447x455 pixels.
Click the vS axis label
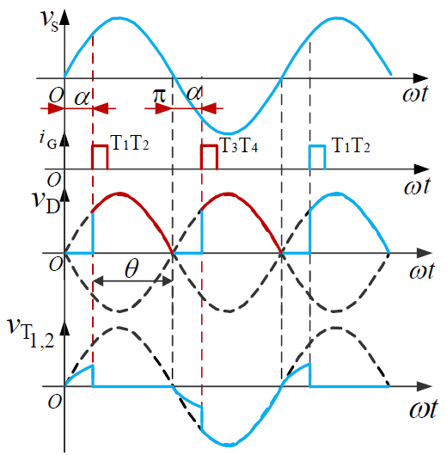[50, 21]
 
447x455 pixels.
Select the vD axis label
[46, 201]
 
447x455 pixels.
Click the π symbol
[159, 95]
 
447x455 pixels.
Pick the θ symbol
[132, 268]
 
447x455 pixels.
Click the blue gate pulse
[317, 157]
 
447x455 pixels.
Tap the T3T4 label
[239, 145]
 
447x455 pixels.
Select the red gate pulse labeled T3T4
[209, 157]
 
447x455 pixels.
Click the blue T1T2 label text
[351, 145]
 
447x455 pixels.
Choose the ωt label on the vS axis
[415, 94]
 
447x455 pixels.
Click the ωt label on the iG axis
[417, 186]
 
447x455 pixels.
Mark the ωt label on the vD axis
[422, 271]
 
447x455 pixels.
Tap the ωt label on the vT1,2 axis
[424, 409]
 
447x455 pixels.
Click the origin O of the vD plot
[56, 264]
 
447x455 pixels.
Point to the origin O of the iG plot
[54, 180]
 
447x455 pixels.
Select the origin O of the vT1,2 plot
[55, 402]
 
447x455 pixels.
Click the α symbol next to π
[193, 94]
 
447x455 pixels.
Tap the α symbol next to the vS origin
[82, 97]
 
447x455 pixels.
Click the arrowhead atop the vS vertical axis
[64, 17]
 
